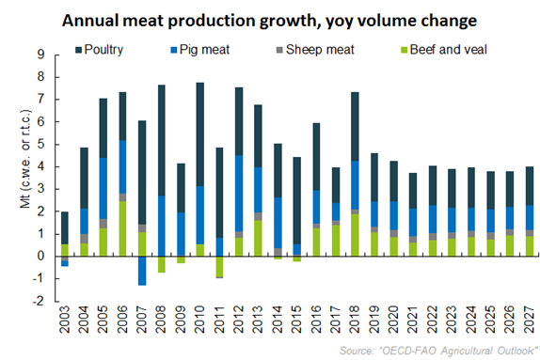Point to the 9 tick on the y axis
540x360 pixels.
tap(41, 55)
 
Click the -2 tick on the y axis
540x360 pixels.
tap(39, 301)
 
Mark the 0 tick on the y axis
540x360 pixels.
tap(41, 256)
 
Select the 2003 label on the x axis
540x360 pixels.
tap(65, 323)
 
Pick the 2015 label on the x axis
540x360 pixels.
tap(298, 323)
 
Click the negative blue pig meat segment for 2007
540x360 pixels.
tap(142, 270)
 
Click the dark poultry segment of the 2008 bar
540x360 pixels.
tap(162, 140)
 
